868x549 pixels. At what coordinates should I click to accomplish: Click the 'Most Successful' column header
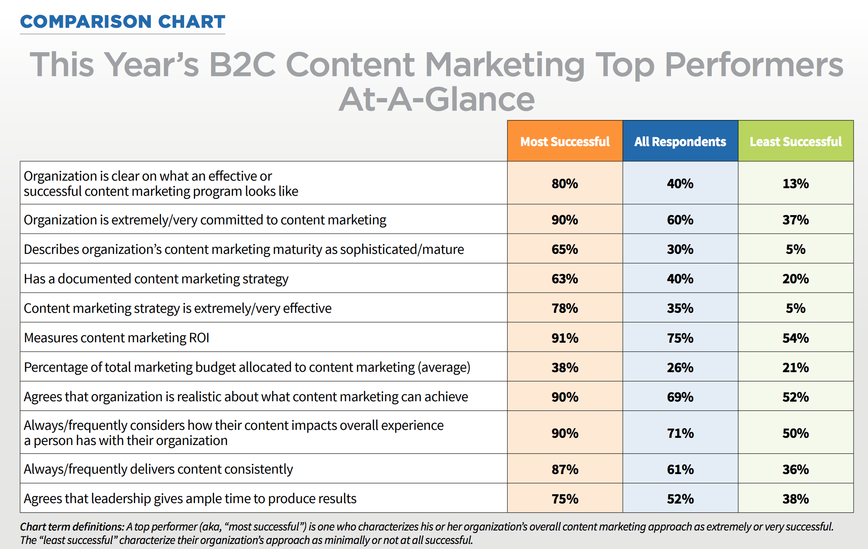(565, 141)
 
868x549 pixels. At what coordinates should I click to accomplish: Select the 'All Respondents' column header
(680, 141)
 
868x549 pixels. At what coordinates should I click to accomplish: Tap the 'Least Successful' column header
(796, 141)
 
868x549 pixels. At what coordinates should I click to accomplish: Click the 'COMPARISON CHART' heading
(123, 22)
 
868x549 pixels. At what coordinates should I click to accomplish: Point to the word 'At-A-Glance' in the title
(437, 99)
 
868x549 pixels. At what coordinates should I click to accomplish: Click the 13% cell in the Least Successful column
(796, 184)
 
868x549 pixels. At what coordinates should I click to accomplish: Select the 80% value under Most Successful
(565, 184)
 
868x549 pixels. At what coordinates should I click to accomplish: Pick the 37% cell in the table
(796, 220)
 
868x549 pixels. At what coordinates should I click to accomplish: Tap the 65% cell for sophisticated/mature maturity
(565, 249)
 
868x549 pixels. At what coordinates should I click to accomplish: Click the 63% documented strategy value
(565, 279)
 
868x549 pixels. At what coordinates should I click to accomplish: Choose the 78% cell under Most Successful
(565, 308)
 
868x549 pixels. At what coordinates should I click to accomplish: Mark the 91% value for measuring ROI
(565, 338)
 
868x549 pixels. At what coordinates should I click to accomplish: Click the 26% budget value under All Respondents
(680, 368)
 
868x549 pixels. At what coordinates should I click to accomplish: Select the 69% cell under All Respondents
(680, 397)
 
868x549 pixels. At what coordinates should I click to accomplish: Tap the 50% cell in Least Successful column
(796, 433)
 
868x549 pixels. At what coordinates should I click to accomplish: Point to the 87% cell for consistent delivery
(565, 469)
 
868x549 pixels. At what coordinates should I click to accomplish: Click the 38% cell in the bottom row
(796, 499)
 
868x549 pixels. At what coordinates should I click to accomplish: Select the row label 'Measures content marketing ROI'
(117, 338)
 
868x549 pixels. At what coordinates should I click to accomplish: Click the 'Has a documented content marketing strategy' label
(156, 279)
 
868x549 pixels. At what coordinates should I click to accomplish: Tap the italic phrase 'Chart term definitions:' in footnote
(72, 527)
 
